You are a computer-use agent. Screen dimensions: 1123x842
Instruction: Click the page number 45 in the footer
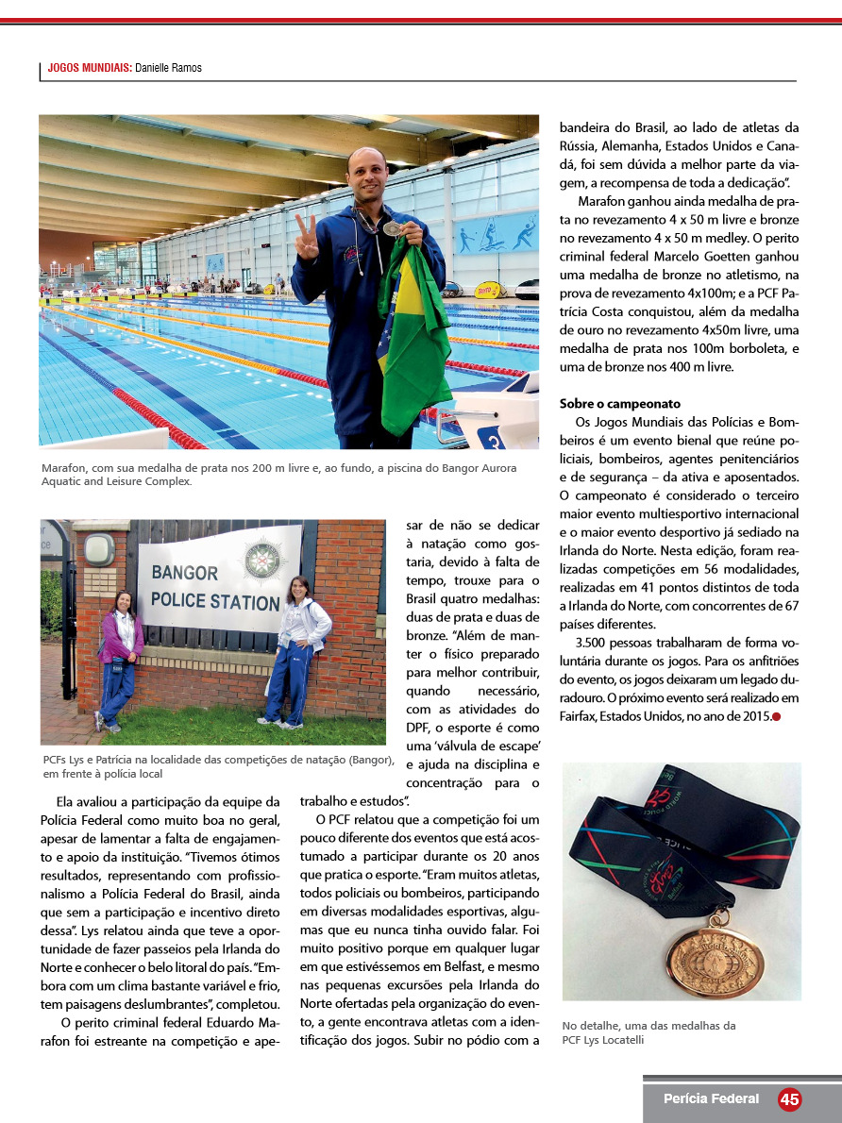tap(789, 1099)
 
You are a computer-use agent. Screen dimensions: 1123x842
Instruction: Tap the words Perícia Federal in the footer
tap(711, 1098)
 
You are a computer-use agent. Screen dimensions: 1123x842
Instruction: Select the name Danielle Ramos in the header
tap(168, 68)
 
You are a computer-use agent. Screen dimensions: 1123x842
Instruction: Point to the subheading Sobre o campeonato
tap(619, 404)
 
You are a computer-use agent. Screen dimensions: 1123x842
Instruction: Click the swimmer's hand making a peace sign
tap(307, 240)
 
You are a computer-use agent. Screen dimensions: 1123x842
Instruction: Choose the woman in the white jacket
tap(296, 651)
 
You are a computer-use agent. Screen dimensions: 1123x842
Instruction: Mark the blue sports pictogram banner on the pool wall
tap(497, 234)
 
